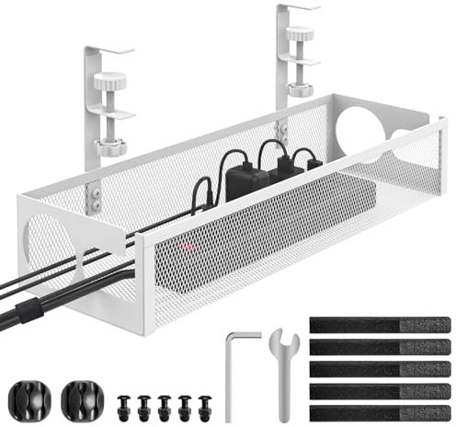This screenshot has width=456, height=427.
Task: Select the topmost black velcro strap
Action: click(379, 326)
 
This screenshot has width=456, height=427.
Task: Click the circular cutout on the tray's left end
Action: click(51, 244)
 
